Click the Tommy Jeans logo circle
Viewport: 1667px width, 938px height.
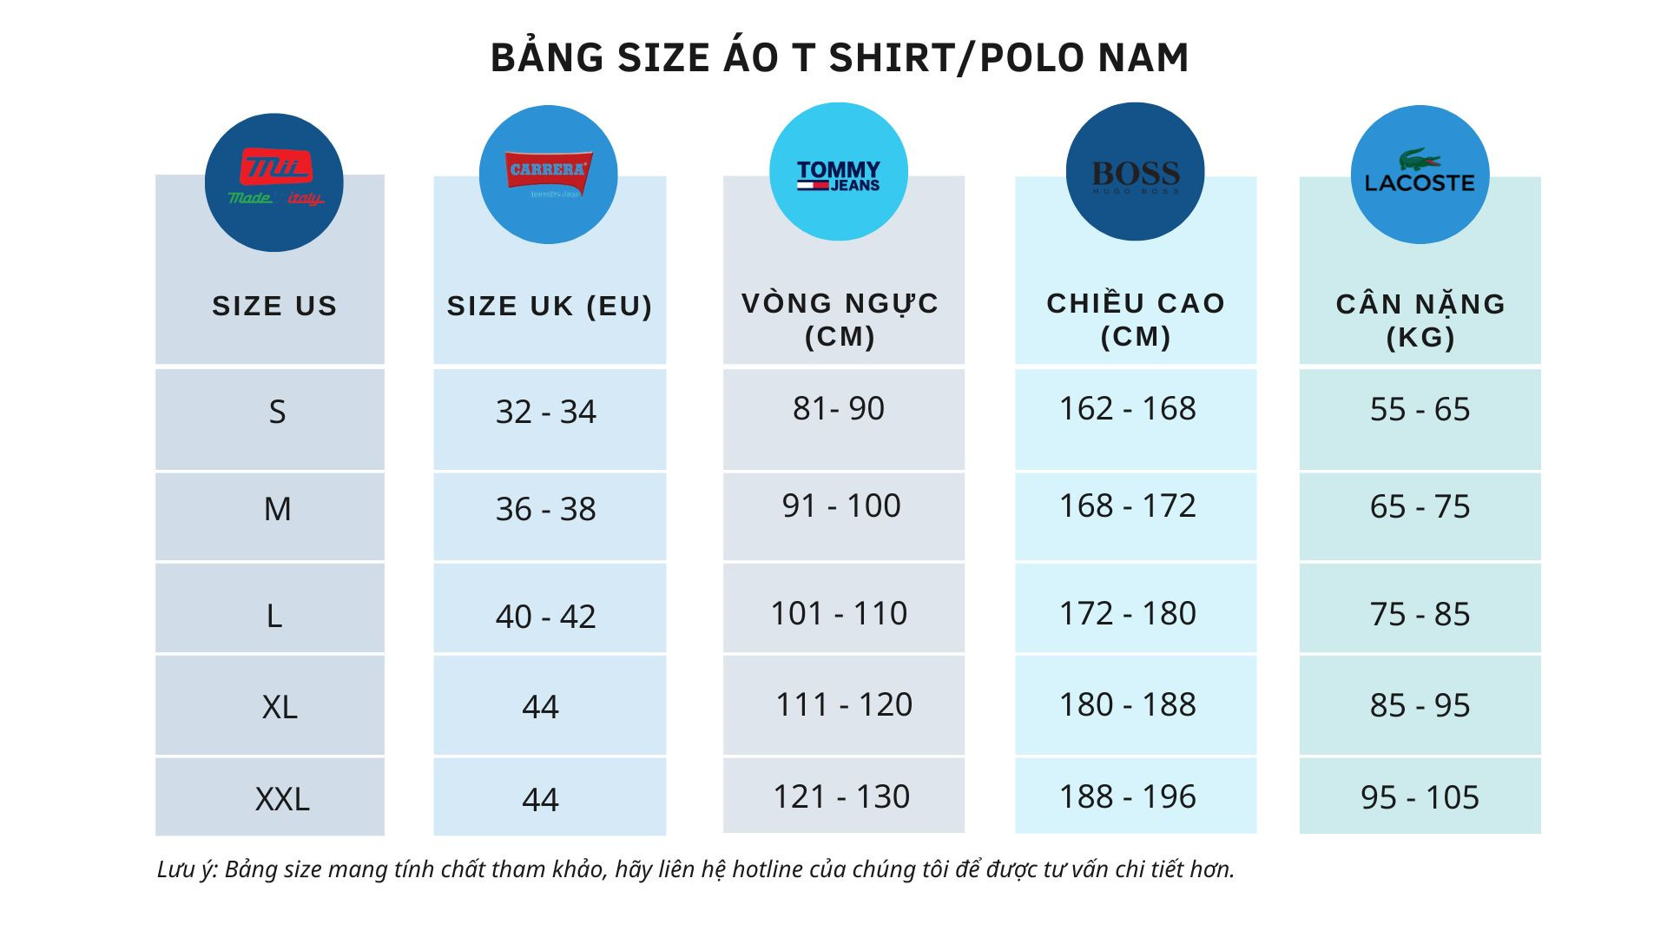pos(839,172)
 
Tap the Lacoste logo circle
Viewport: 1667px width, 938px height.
pos(1420,175)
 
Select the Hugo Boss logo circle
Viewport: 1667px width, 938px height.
pos(1135,172)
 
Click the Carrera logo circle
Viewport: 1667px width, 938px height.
pos(548,175)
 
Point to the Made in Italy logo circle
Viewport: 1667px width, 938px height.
pos(274,182)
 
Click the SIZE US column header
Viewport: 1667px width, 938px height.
pos(274,306)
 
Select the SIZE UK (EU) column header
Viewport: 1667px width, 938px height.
pos(550,306)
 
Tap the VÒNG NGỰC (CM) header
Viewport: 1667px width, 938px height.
pos(840,320)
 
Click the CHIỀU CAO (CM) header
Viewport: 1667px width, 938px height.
pos(1136,320)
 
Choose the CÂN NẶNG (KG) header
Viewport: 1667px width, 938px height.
pos(1420,320)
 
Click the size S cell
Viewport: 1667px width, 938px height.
pos(277,412)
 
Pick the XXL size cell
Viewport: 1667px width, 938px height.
pos(282,799)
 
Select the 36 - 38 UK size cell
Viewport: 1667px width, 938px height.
pos(546,509)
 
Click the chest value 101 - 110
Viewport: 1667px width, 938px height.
pos(839,613)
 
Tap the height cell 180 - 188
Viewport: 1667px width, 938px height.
pos(1128,704)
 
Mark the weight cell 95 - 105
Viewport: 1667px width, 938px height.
pos(1420,797)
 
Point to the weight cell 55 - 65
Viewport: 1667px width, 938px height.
pos(1420,409)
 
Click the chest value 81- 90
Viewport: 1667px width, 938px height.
pos(839,408)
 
